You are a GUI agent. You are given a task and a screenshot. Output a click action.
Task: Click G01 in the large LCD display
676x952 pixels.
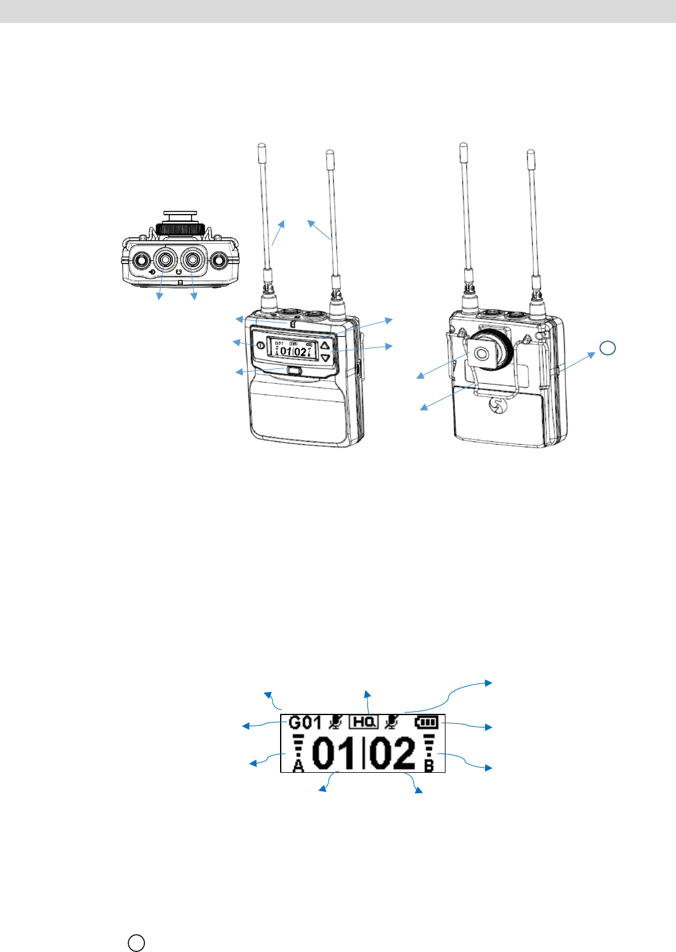coord(305,722)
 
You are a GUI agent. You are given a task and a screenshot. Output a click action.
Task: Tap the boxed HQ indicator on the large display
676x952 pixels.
coord(364,722)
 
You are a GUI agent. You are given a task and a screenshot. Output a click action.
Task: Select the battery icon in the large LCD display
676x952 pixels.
coord(426,722)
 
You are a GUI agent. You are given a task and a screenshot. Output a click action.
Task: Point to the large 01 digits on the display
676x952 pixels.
coord(334,753)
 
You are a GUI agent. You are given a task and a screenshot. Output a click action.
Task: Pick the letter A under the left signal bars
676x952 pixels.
coord(298,766)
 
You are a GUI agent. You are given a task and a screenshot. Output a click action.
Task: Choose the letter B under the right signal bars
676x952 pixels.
coord(429,766)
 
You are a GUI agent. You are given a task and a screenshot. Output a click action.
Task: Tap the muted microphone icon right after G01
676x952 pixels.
coord(336,722)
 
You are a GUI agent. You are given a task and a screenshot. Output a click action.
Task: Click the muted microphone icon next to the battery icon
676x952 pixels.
coord(392,722)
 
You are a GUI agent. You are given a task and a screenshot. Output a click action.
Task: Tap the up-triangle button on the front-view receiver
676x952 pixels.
coord(325,345)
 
